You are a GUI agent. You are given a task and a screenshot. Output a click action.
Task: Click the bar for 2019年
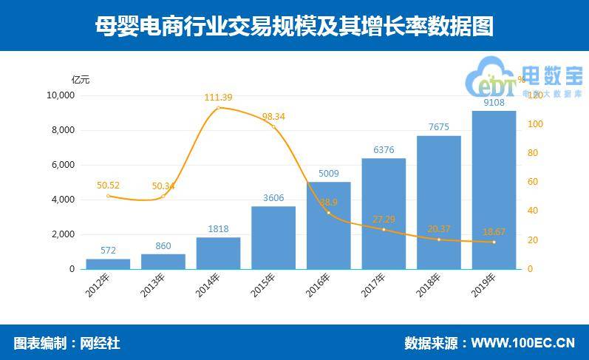(494, 190)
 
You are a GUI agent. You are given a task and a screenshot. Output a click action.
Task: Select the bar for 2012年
(108, 264)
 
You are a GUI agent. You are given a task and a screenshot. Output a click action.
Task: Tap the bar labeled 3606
(273, 237)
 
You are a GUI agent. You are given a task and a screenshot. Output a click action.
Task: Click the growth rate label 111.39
(218, 98)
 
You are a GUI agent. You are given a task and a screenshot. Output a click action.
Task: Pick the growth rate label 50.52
(108, 185)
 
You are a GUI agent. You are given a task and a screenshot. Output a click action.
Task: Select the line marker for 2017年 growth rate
(384, 229)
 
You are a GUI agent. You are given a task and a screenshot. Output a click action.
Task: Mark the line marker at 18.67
(494, 242)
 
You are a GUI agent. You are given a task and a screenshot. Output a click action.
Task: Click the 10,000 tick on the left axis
(61, 95)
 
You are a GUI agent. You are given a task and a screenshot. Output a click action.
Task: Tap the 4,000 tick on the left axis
(63, 200)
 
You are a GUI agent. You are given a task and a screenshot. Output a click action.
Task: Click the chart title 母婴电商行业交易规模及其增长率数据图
(294, 26)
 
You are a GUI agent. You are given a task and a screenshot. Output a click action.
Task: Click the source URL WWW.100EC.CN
(522, 343)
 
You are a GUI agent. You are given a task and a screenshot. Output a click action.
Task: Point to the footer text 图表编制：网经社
(67, 343)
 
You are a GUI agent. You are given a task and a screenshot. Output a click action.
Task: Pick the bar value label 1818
(218, 228)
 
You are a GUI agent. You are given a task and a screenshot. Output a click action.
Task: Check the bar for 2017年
(384, 214)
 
